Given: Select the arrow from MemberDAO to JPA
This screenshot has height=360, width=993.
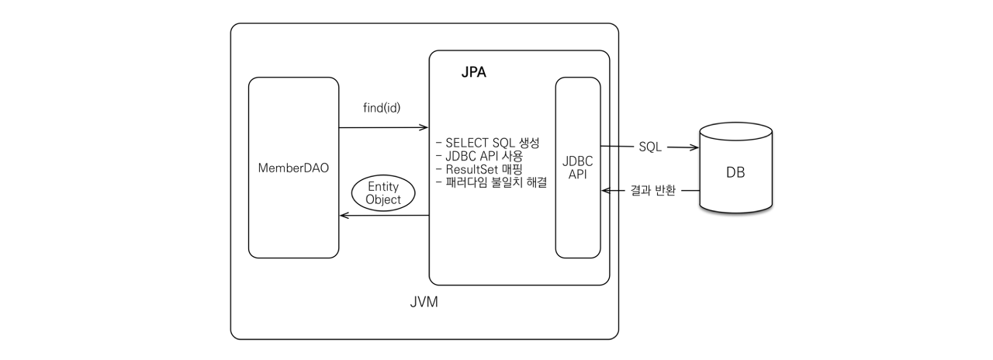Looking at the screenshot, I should [383, 127].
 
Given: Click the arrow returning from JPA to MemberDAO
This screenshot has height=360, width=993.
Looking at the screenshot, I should [383, 216].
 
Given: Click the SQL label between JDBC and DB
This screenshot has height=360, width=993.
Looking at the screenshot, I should [650, 147].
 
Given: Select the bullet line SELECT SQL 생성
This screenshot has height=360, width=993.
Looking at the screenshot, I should [492, 144].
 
